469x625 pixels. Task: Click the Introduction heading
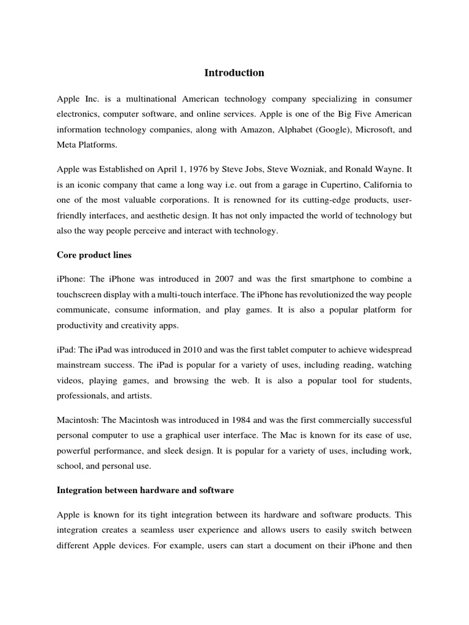(234, 73)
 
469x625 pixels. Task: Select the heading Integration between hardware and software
(145, 490)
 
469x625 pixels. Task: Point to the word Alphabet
(289, 129)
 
